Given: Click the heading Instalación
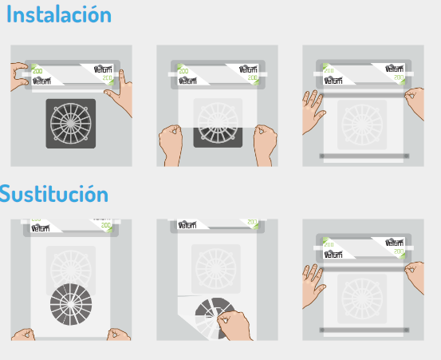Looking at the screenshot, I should (x=59, y=15).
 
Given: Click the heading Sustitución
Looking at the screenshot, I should (x=53, y=193).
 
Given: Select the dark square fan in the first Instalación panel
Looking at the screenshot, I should (x=71, y=123).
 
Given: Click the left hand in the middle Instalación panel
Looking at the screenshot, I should (x=171, y=144).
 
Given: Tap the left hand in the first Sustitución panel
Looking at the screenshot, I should (x=22, y=333).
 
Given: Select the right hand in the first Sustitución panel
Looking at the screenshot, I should (x=120, y=333).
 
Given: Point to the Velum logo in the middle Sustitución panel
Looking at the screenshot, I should (x=189, y=223).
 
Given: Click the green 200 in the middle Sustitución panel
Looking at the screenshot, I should (x=253, y=223).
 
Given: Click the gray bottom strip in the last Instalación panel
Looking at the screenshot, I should (x=364, y=156).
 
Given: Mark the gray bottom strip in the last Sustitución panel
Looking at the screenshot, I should (x=364, y=329).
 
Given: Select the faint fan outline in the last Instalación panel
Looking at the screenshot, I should (x=363, y=124).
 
